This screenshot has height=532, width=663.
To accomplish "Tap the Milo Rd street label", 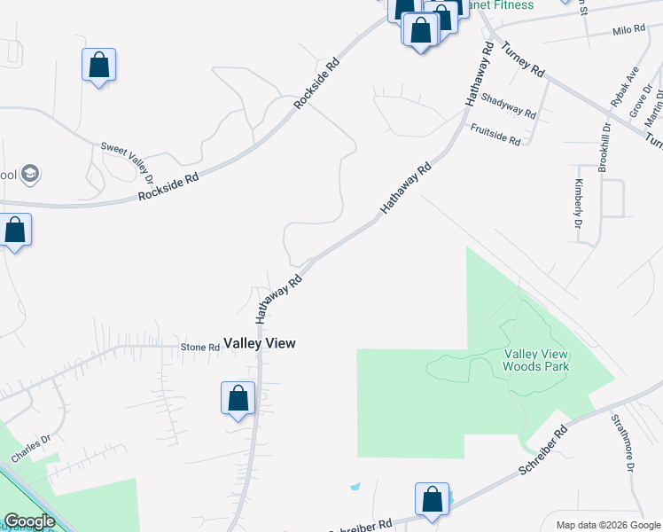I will coord(628,30).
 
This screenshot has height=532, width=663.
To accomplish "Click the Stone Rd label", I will coord(199,347).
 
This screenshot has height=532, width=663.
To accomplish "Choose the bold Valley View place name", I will coord(259,343).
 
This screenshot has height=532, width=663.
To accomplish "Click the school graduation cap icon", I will coord(30,173).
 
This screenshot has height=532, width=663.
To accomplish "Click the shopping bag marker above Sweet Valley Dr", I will coord(99,65).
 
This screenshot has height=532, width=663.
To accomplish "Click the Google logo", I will coord(29,521).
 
